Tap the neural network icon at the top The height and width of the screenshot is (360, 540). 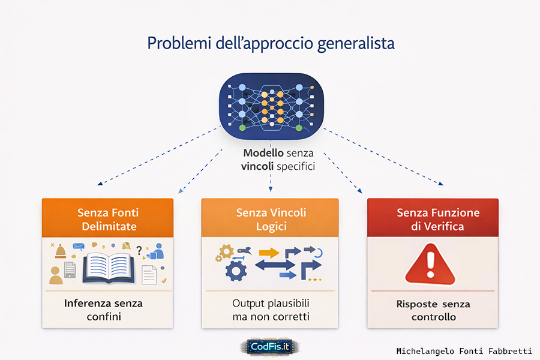(x=269, y=103)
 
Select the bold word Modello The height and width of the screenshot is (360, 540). (x=263, y=154)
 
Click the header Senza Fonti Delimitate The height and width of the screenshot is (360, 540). (x=107, y=219)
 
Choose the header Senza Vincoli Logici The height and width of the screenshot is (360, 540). (x=271, y=219)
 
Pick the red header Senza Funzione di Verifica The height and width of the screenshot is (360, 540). (x=433, y=219)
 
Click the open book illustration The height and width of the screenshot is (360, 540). (x=107, y=267)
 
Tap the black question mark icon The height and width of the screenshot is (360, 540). (x=139, y=251)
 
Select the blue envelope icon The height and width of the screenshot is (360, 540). (x=79, y=246)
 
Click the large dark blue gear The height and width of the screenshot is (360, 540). (x=235, y=271)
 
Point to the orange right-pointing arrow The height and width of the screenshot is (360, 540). (x=269, y=252)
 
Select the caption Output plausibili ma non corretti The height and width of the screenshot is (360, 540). (x=271, y=310)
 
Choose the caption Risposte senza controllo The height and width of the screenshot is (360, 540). (x=433, y=310)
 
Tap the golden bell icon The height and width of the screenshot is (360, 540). (x=61, y=251)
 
